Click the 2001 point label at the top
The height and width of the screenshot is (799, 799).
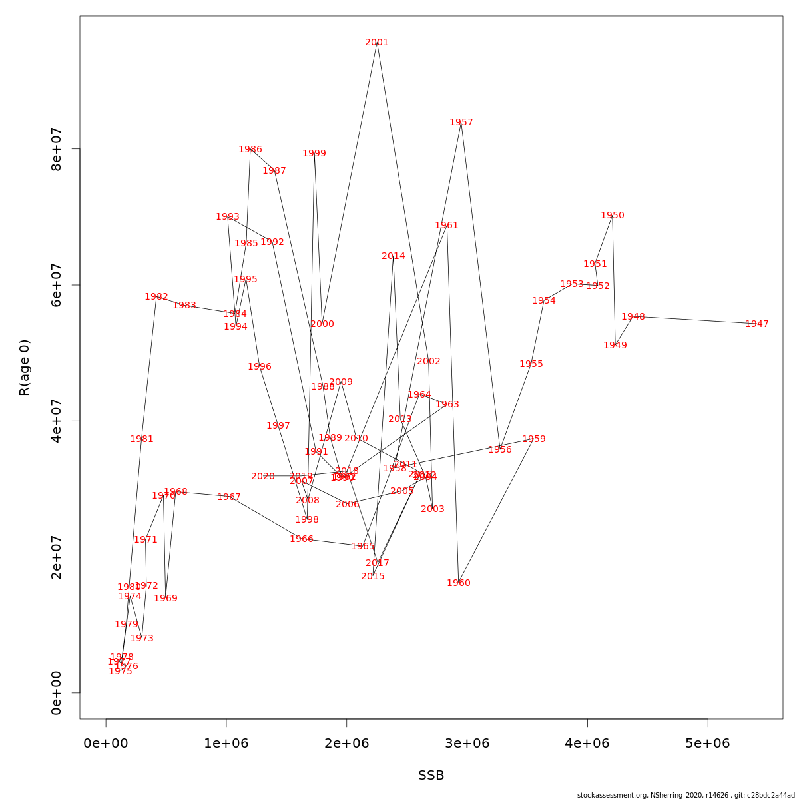[x=377, y=43]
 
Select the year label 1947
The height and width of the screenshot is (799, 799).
[x=757, y=324]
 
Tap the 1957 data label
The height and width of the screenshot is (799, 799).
[x=461, y=123]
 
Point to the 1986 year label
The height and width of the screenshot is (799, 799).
[x=250, y=150]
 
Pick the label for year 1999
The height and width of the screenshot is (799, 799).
[x=314, y=154]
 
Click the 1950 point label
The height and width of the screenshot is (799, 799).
[x=613, y=216]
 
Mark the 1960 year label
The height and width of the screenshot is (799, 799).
[x=459, y=583]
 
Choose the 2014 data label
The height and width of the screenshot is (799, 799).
[x=394, y=256]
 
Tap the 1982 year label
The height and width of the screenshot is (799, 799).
[x=156, y=297]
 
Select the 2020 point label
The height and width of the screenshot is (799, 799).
[x=263, y=477]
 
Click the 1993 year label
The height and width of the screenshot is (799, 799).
[x=228, y=217]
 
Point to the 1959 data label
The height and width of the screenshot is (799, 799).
[x=534, y=439]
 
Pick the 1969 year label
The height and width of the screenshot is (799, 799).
[x=166, y=599]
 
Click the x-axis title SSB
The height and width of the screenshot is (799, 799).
[x=431, y=776]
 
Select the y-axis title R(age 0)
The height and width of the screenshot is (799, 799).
[x=25, y=368]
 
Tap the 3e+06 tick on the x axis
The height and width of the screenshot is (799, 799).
[x=467, y=744]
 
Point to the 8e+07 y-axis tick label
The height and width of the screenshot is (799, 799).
[x=57, y=149]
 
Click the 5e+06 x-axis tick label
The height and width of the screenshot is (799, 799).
[x=708, y=744]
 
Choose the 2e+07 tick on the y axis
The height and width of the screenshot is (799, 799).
[x=57, y=557]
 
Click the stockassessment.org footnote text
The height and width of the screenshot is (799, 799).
[x=686, y=795]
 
